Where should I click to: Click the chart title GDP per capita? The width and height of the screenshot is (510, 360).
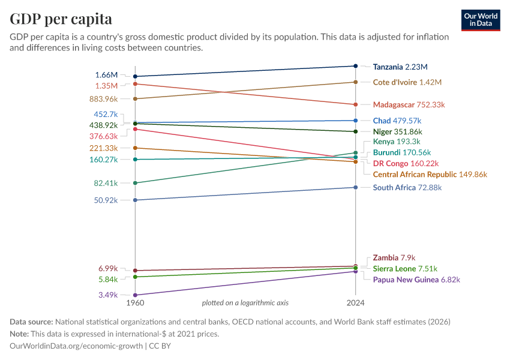pos(61,19)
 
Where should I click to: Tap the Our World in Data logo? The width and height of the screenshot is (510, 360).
pos(481,20)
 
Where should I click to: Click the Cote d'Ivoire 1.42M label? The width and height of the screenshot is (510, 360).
pos(407,82)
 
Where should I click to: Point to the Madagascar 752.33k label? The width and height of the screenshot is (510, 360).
pos(409,104)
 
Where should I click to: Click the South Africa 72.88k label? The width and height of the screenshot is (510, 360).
pos(407,188)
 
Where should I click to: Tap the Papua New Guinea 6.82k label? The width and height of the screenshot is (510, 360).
pos(416,280)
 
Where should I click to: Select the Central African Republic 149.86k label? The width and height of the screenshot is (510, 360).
pos(430,175)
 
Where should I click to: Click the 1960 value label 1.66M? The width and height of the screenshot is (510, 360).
pos(106,75)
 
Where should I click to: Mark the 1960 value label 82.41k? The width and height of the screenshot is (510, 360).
pos(106,183)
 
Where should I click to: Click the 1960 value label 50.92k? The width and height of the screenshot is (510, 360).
pos(106,200)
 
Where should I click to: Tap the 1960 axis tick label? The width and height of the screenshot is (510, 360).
pos(136,303)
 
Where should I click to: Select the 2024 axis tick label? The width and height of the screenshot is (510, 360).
pos(356,303)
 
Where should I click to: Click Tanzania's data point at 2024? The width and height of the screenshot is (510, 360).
pos(356,66)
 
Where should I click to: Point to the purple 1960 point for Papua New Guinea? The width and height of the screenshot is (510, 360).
pos(136,295)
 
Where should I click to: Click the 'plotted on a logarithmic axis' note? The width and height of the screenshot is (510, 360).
pos(245,303)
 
